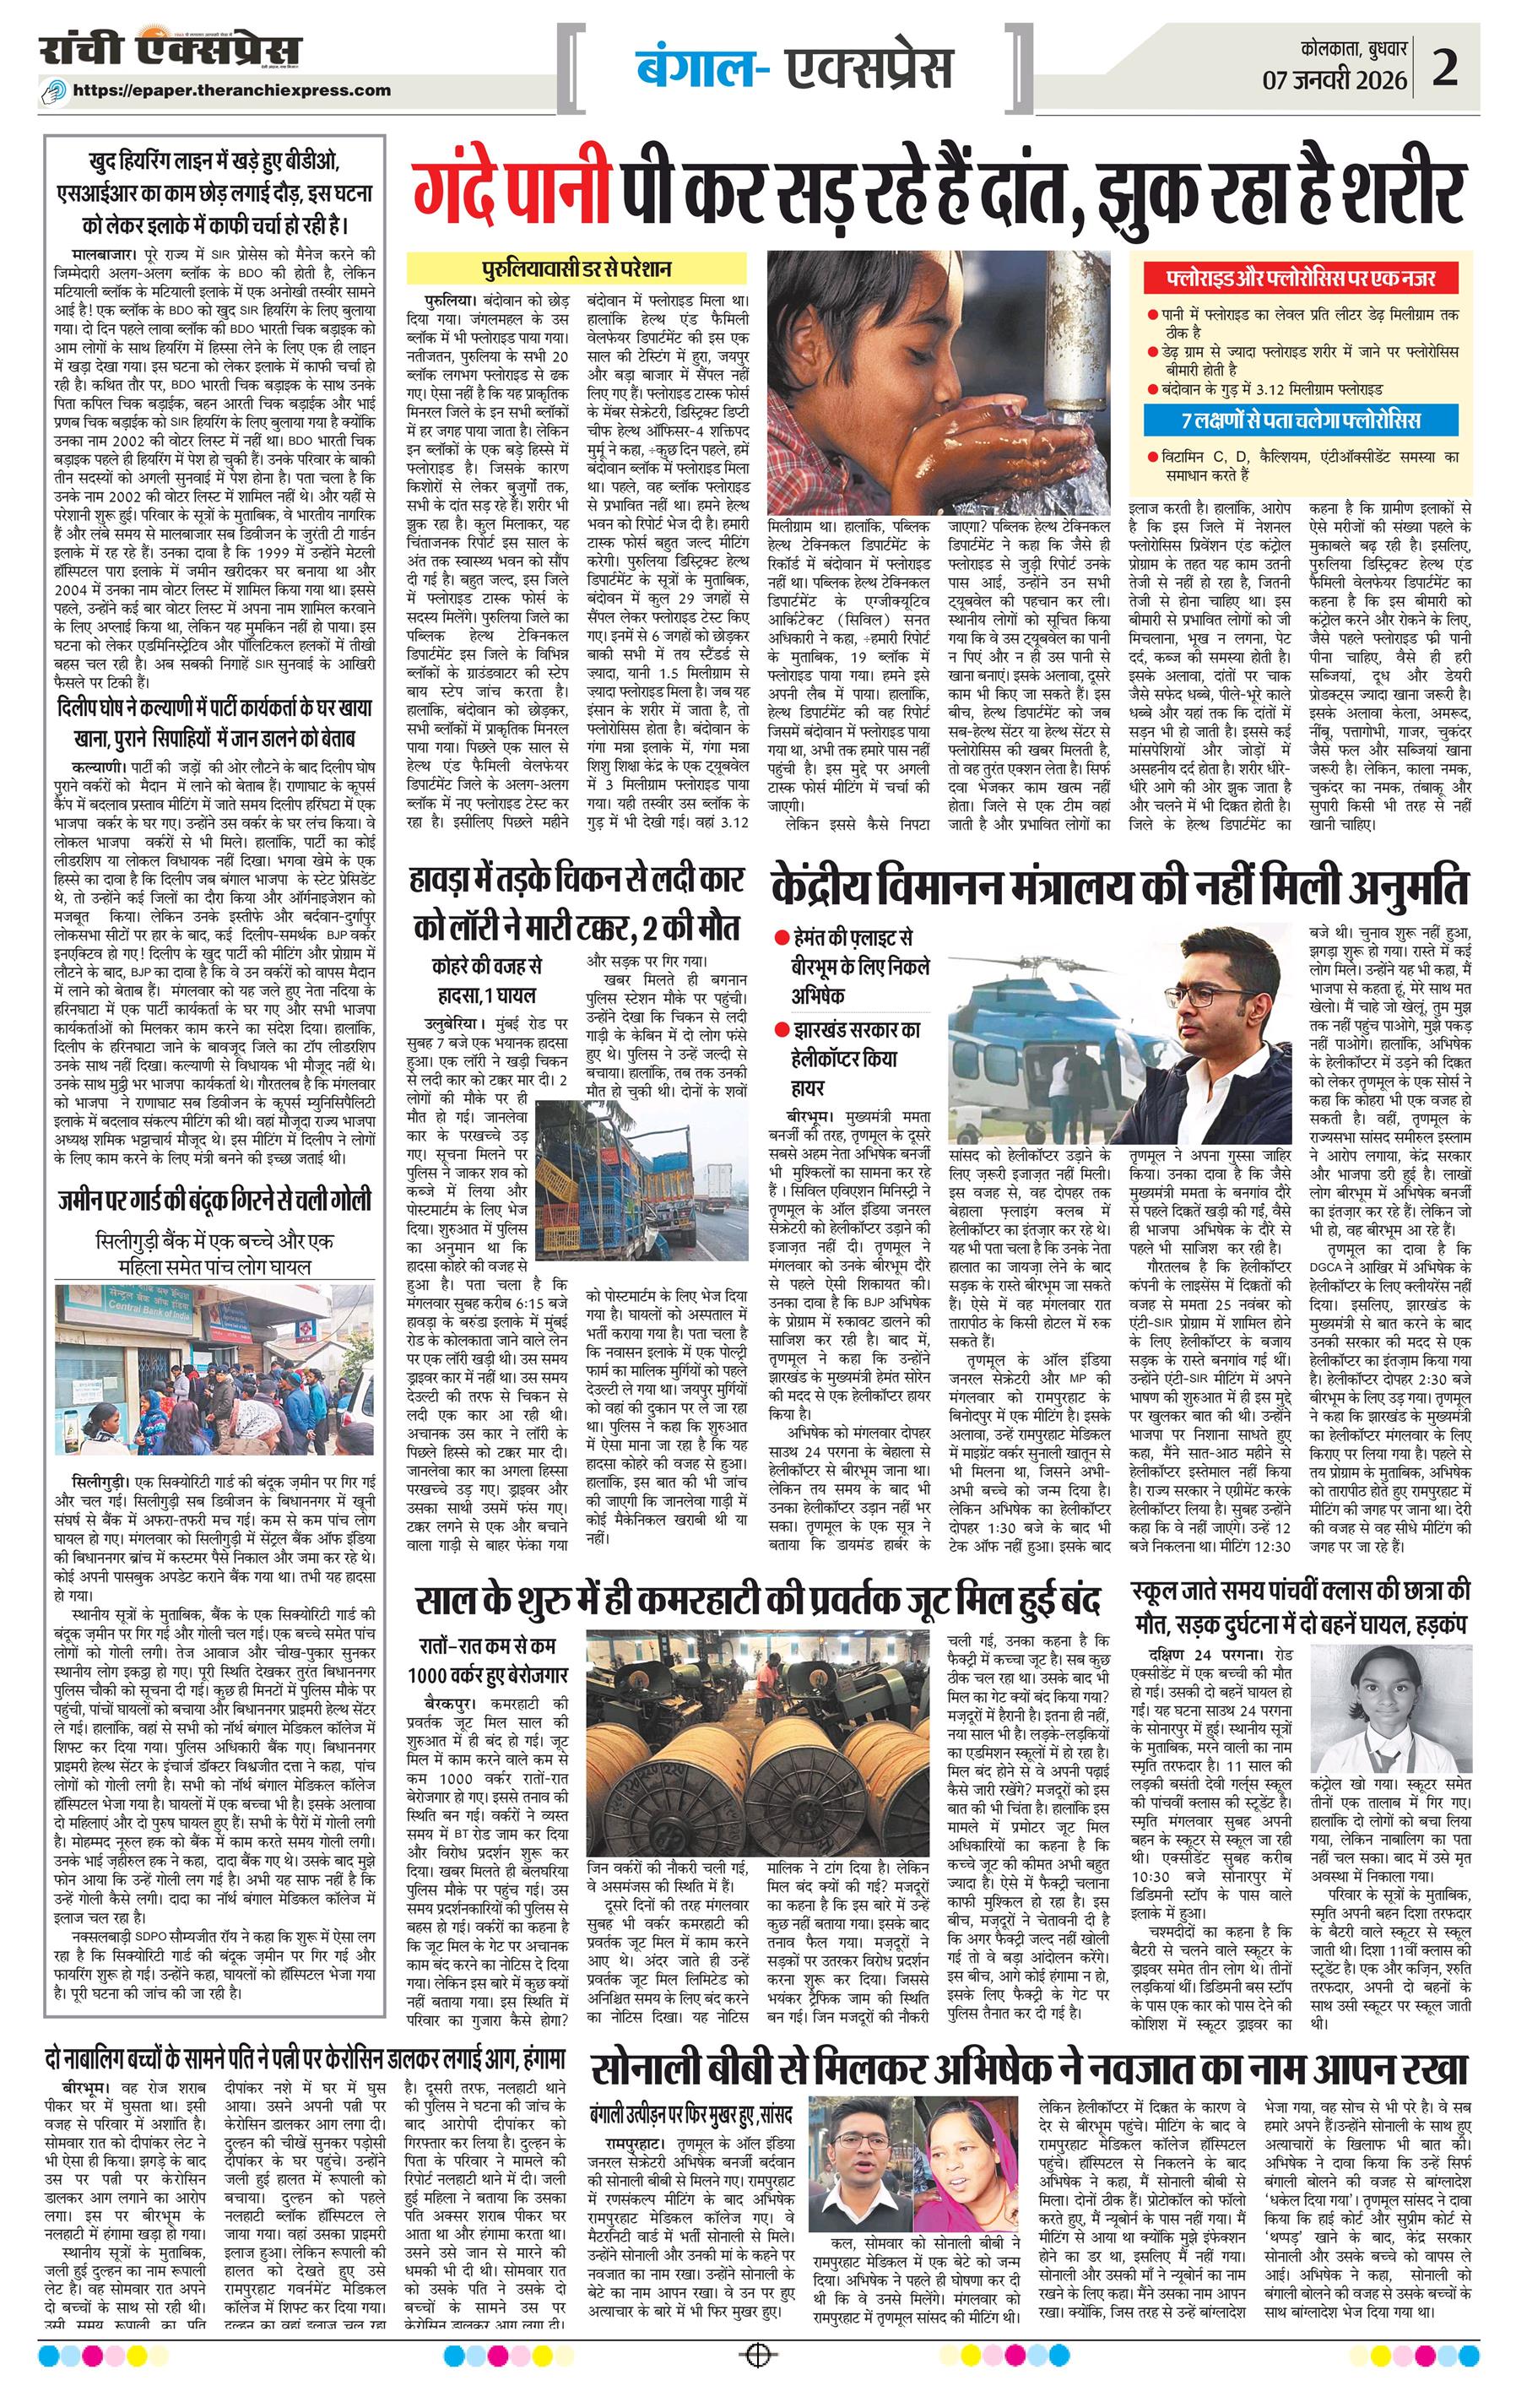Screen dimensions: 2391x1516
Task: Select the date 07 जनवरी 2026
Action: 1335,79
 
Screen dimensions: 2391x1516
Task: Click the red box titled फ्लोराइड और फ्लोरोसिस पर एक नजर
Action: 1303,278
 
